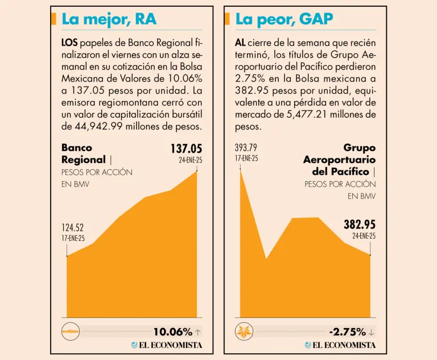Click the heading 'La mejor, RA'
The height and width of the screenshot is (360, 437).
[x=109, y=19]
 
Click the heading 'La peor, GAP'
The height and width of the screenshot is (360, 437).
[x=284, y=19]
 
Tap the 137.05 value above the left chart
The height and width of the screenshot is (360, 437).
[x=186, y=149]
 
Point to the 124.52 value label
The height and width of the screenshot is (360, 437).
[x=73, y=228]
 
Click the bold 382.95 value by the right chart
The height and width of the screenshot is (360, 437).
[x=359, y=225]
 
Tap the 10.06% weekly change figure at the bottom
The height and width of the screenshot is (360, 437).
[x=172, y=332]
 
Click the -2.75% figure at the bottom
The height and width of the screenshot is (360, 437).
[x=347, y=332]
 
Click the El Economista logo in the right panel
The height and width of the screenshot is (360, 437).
[x=340, y=345]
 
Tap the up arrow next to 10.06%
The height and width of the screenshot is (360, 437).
[x=197, y=332]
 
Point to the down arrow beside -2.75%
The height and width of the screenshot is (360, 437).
[x=372, y=332]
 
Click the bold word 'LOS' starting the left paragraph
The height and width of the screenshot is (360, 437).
[x=69, y=43]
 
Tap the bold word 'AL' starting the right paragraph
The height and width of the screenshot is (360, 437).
[x=240, y=43]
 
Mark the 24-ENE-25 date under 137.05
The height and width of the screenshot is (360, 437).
[x=190, y=160]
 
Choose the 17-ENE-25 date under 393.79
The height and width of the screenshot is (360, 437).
[x=246, y=158]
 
